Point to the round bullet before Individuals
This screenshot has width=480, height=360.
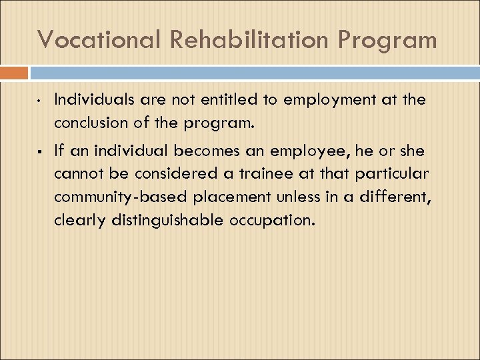(x=40, y=102)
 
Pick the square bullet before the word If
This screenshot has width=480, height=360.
(x=40, y=152)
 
